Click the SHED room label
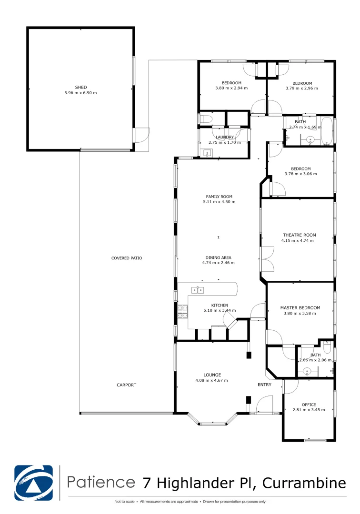coord(80,87)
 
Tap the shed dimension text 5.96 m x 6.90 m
coord(80,93)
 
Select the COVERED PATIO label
coord(127,258)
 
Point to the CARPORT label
coord(127,385)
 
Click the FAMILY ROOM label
coord(219,196)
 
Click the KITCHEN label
coord(220,306)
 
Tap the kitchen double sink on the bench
coord(197,290)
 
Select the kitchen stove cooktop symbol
coord(182,311)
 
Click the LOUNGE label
coord(212,375)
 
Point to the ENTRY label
coord(265,385)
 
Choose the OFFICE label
coord(309,405)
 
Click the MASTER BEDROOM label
coord(300,308)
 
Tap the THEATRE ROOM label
coord(299,235)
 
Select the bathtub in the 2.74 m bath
coord(327,131)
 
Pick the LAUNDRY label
coord(224,137)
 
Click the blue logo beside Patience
coord(34,482)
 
